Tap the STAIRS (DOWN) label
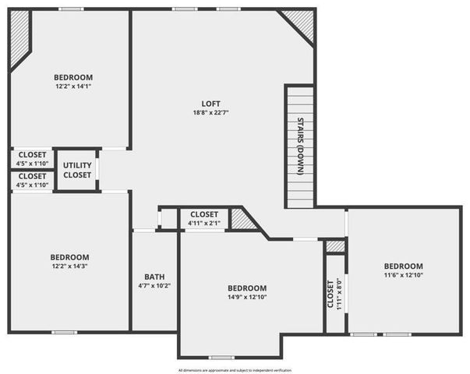[x=300, y=145]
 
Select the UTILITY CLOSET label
[x=77, y=170]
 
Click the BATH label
[x=154, y=277]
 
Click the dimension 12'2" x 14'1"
[x=73, y=86]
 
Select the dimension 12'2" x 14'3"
[x=70, y=266]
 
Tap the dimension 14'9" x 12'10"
[x=247, y=297]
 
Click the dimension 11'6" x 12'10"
[x=403, y=275]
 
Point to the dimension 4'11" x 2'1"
[x=204, y=224]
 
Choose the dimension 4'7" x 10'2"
[x=154, y=286]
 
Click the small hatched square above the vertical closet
[x=335, y=246]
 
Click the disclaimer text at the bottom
[x=235, y=370]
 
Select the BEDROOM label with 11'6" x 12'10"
[x=403, y=266]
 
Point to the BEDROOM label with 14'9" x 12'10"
[x=247, y=288]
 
